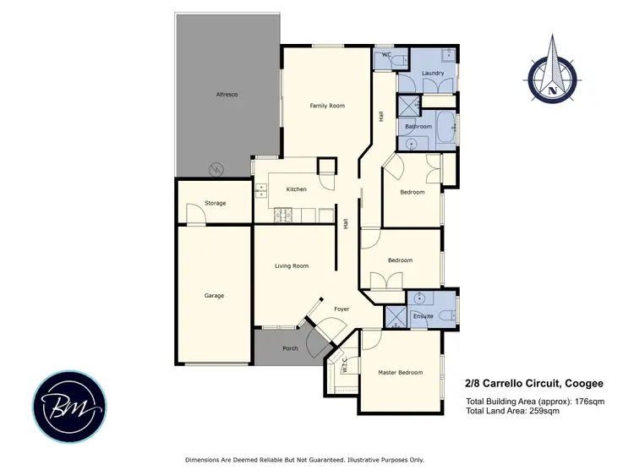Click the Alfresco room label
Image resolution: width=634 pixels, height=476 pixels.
[227, 94]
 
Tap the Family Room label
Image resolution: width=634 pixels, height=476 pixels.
[327, 106]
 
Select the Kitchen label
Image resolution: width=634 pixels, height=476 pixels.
[296, 189]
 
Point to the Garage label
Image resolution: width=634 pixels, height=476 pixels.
[214, 296]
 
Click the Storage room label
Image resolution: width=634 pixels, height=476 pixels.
[216, 204]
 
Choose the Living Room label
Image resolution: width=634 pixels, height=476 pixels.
[292, 266]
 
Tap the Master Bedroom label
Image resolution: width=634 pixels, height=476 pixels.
[400, 373]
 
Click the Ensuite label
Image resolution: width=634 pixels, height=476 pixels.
[424, 316]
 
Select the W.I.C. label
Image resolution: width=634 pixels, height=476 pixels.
[345, 365]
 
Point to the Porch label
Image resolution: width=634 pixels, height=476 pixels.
[290, 348]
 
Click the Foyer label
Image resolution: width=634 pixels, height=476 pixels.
[342, 309]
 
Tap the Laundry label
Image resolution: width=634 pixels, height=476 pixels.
[433, 74]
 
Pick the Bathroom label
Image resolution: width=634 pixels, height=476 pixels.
[418, 127]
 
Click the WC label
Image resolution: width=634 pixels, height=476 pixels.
[386, 55]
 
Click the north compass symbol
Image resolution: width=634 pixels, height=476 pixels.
[554, 76]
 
